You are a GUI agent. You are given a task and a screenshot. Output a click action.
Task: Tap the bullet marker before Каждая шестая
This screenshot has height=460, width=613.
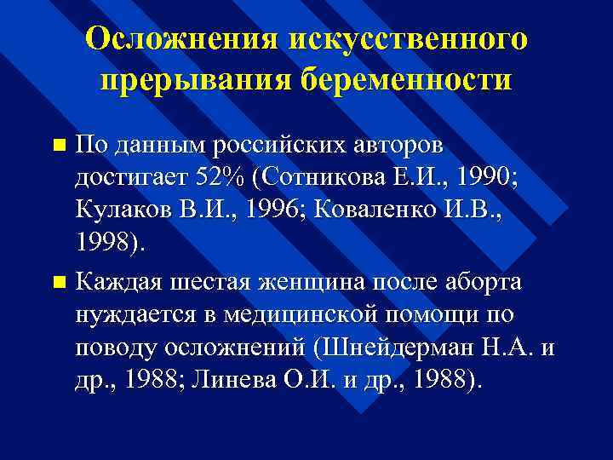pyautogui.click(x=57, y=280)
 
